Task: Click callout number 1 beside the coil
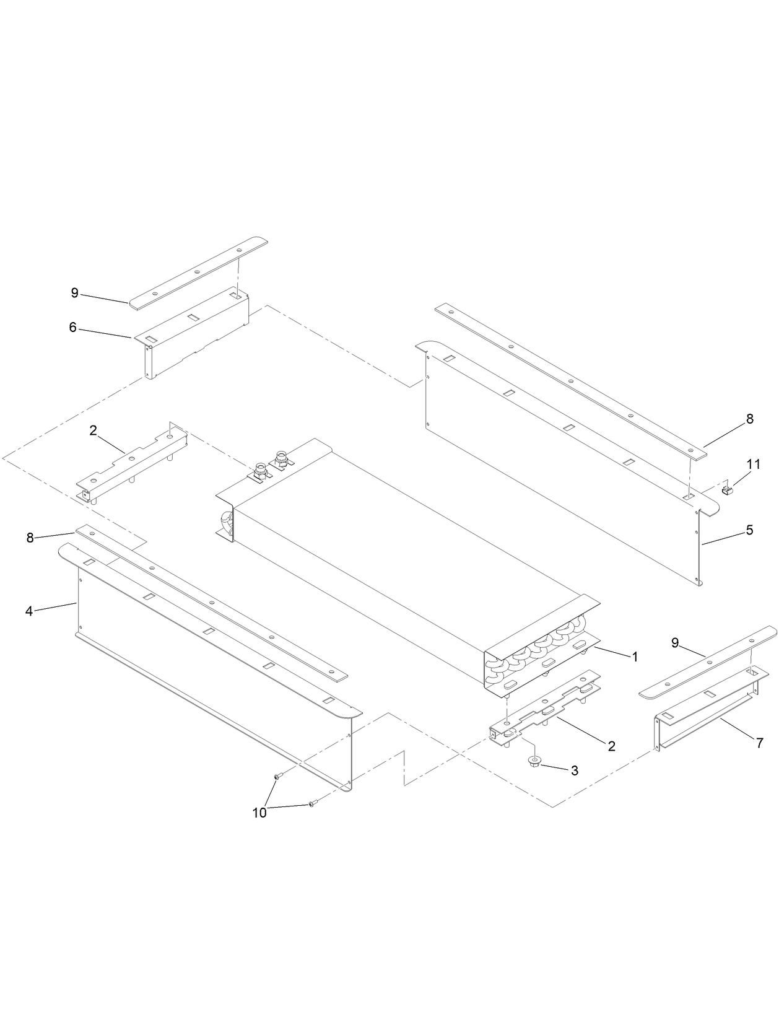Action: point(635,657)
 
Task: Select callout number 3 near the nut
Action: point(575,771)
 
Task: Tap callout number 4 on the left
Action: point(29,611)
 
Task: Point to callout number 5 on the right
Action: point(749,530)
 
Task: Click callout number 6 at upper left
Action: point(73,327)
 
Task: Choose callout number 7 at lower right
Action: point(760,743)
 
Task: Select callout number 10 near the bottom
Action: point(259,813)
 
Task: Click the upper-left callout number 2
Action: point(93,430)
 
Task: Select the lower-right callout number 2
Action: point(611,746)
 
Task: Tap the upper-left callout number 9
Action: point(75,293)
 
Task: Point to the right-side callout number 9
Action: point(676,643)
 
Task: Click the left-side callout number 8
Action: point(30,538)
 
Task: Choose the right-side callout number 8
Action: point(750,419)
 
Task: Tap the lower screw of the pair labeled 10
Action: point(311,804)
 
